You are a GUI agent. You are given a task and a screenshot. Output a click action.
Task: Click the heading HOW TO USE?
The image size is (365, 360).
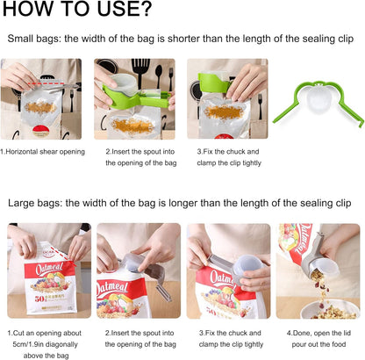tap(79, 11)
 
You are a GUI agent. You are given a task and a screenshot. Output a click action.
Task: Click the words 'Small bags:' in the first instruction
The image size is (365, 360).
tap(35, 40)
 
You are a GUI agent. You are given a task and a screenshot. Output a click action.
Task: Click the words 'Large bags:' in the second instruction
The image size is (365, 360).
tap(36, 203)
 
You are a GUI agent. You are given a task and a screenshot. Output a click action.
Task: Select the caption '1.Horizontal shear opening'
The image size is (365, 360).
tap(42, 151)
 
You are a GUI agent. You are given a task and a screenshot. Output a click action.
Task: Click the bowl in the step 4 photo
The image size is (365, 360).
tap(330, 309)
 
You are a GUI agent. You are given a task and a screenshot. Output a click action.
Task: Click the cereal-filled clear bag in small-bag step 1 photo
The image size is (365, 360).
tap(40, 104)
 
